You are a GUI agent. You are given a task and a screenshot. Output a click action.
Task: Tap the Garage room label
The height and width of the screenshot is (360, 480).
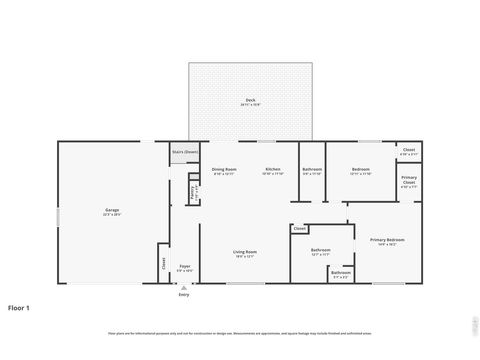[112, 210]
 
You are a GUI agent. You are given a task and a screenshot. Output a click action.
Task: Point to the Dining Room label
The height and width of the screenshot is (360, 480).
[224, 169]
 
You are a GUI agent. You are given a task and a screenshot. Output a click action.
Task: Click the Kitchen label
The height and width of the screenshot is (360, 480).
[273, 169]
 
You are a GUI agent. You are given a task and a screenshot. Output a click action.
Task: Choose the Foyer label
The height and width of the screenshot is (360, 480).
[184, 266]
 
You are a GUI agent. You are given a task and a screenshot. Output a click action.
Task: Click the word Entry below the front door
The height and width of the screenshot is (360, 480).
[184, 295]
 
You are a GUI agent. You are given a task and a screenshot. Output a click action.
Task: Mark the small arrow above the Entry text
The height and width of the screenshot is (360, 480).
[184, 288]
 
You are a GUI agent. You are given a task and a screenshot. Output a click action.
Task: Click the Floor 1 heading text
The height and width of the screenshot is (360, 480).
[19, 307]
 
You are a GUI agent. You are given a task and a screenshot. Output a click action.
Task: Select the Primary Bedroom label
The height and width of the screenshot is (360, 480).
[387, 240]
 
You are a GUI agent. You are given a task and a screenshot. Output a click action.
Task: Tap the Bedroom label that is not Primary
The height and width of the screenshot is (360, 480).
[361, 169]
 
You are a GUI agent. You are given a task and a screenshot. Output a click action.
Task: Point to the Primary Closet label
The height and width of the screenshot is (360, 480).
[409, 180]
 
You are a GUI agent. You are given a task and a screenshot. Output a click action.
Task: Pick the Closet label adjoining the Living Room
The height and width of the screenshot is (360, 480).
[300, 229]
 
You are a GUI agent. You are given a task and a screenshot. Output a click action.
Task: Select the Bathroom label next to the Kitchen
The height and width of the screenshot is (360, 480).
[312, 169]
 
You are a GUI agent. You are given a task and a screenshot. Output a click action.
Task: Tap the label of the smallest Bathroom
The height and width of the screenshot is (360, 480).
[341, 273]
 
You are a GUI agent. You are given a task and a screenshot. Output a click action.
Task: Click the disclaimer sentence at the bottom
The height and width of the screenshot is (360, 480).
[240, 332]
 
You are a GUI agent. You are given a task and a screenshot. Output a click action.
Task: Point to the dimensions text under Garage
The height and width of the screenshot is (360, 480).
[112, 215]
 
